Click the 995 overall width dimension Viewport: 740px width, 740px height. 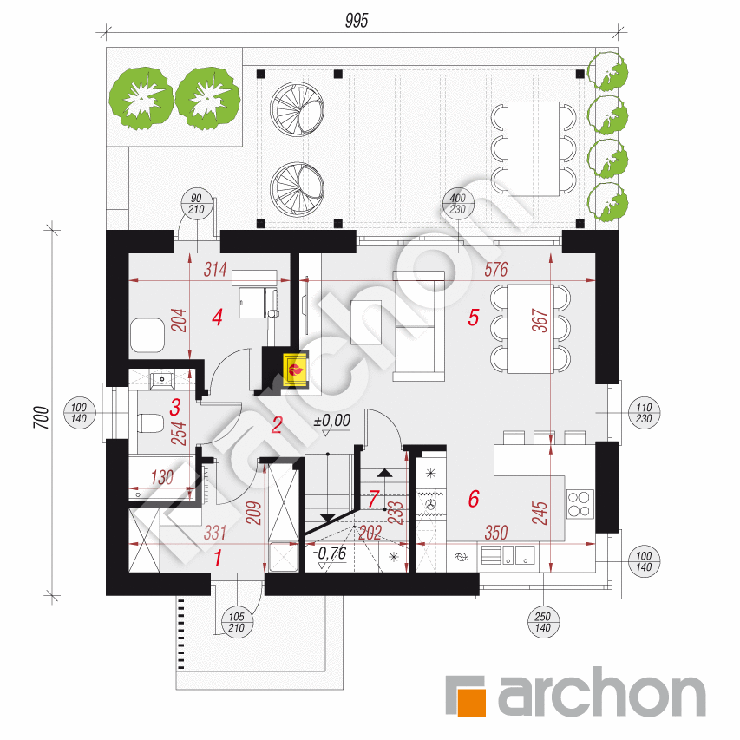click(x=357, y=21)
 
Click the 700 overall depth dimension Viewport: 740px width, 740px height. click(x=42, y=417)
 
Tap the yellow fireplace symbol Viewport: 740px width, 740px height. click(x=296, y=369)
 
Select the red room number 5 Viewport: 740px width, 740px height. click(x=474, y=318)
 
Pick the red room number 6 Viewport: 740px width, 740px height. click(x=474, y=499)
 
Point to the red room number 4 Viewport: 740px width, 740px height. click(x=217, y=318)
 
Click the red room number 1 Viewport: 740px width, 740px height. click(x=218, y=559)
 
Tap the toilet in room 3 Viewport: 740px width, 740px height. click(x=151, y=422)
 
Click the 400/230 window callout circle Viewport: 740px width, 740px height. click(x=457, y=204)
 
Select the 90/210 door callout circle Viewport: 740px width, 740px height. click(x=196, y=204)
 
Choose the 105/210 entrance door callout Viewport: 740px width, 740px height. click(x=237, y=622)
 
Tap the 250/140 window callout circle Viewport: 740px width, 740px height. click(x=543, y=622)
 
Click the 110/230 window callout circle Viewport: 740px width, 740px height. click(x=644, y=413)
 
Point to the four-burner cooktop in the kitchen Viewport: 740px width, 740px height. click(x=580, y=504)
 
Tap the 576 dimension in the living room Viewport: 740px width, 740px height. click(x=496, y=270)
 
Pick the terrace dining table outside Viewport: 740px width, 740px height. click(x=534, y=148)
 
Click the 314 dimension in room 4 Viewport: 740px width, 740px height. click(x=215, y=270)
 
